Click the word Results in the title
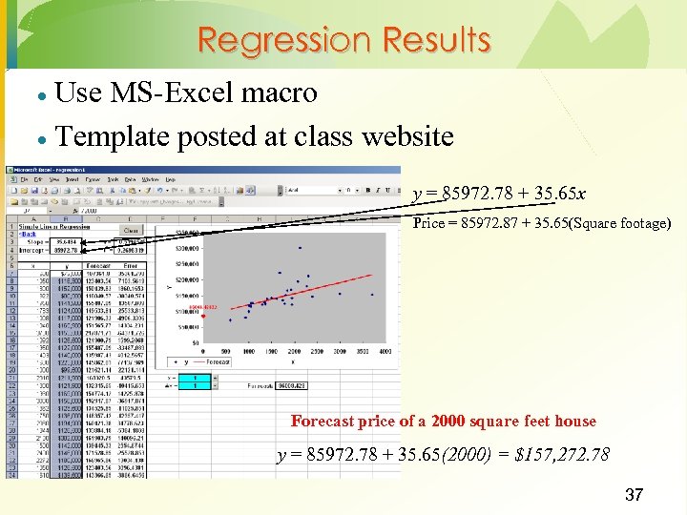(436, 41)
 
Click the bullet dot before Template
(42, 138)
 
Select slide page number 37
(634, 495)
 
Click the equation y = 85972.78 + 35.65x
(499, 195)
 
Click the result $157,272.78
(561, 455)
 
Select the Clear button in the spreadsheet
(131, 230)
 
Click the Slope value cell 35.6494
(66, 242)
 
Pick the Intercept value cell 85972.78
(66, 251)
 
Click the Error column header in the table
(130, 265)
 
